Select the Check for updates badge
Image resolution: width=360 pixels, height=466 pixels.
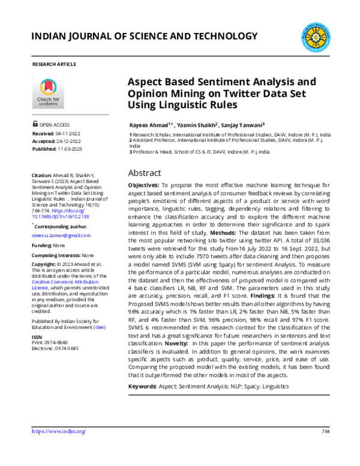pyautogui.click(x=49, y=92)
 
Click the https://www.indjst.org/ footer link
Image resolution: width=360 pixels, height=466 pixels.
pyautogui.click(x=58, y=431)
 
